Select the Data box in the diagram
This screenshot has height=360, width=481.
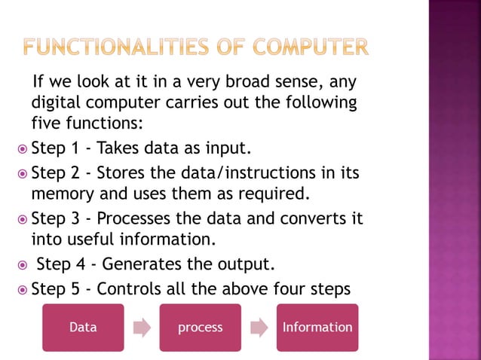[x=82, y=328]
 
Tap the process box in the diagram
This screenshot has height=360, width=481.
[x=200, y=328]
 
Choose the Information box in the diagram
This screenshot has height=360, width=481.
[x=317, y=328]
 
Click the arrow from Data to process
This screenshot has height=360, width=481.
[x=142, y=328]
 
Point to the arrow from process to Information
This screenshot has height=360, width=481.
[x=259, y=328]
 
